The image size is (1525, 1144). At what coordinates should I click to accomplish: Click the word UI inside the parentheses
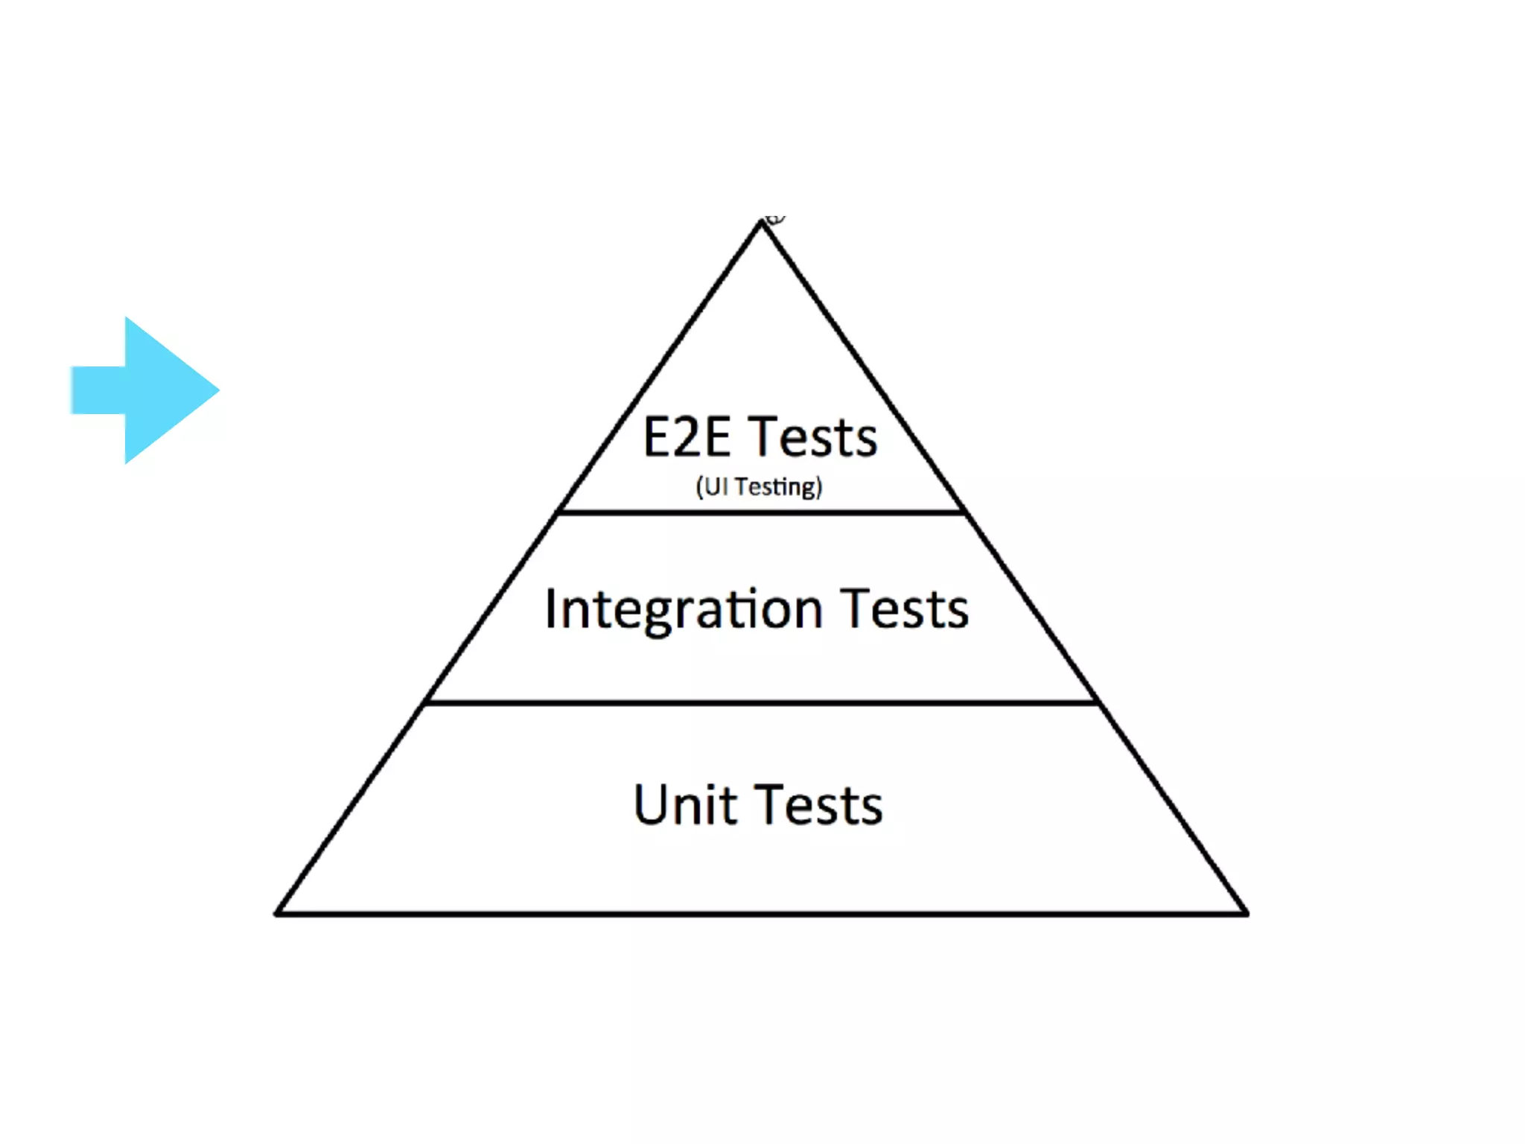(716, 487)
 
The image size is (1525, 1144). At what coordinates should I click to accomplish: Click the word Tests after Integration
(905, 609)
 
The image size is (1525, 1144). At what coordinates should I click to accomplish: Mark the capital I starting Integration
(550, 608)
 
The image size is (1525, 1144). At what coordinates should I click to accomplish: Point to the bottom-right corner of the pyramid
(1246, 912)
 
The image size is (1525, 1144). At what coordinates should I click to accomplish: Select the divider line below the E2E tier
(761, 512)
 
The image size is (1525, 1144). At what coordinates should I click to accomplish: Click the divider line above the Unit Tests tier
(761, 702)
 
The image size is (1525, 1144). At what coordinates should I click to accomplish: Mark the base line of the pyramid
(761, 913)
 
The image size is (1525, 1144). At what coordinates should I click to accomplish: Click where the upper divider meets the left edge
(558, 512)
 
